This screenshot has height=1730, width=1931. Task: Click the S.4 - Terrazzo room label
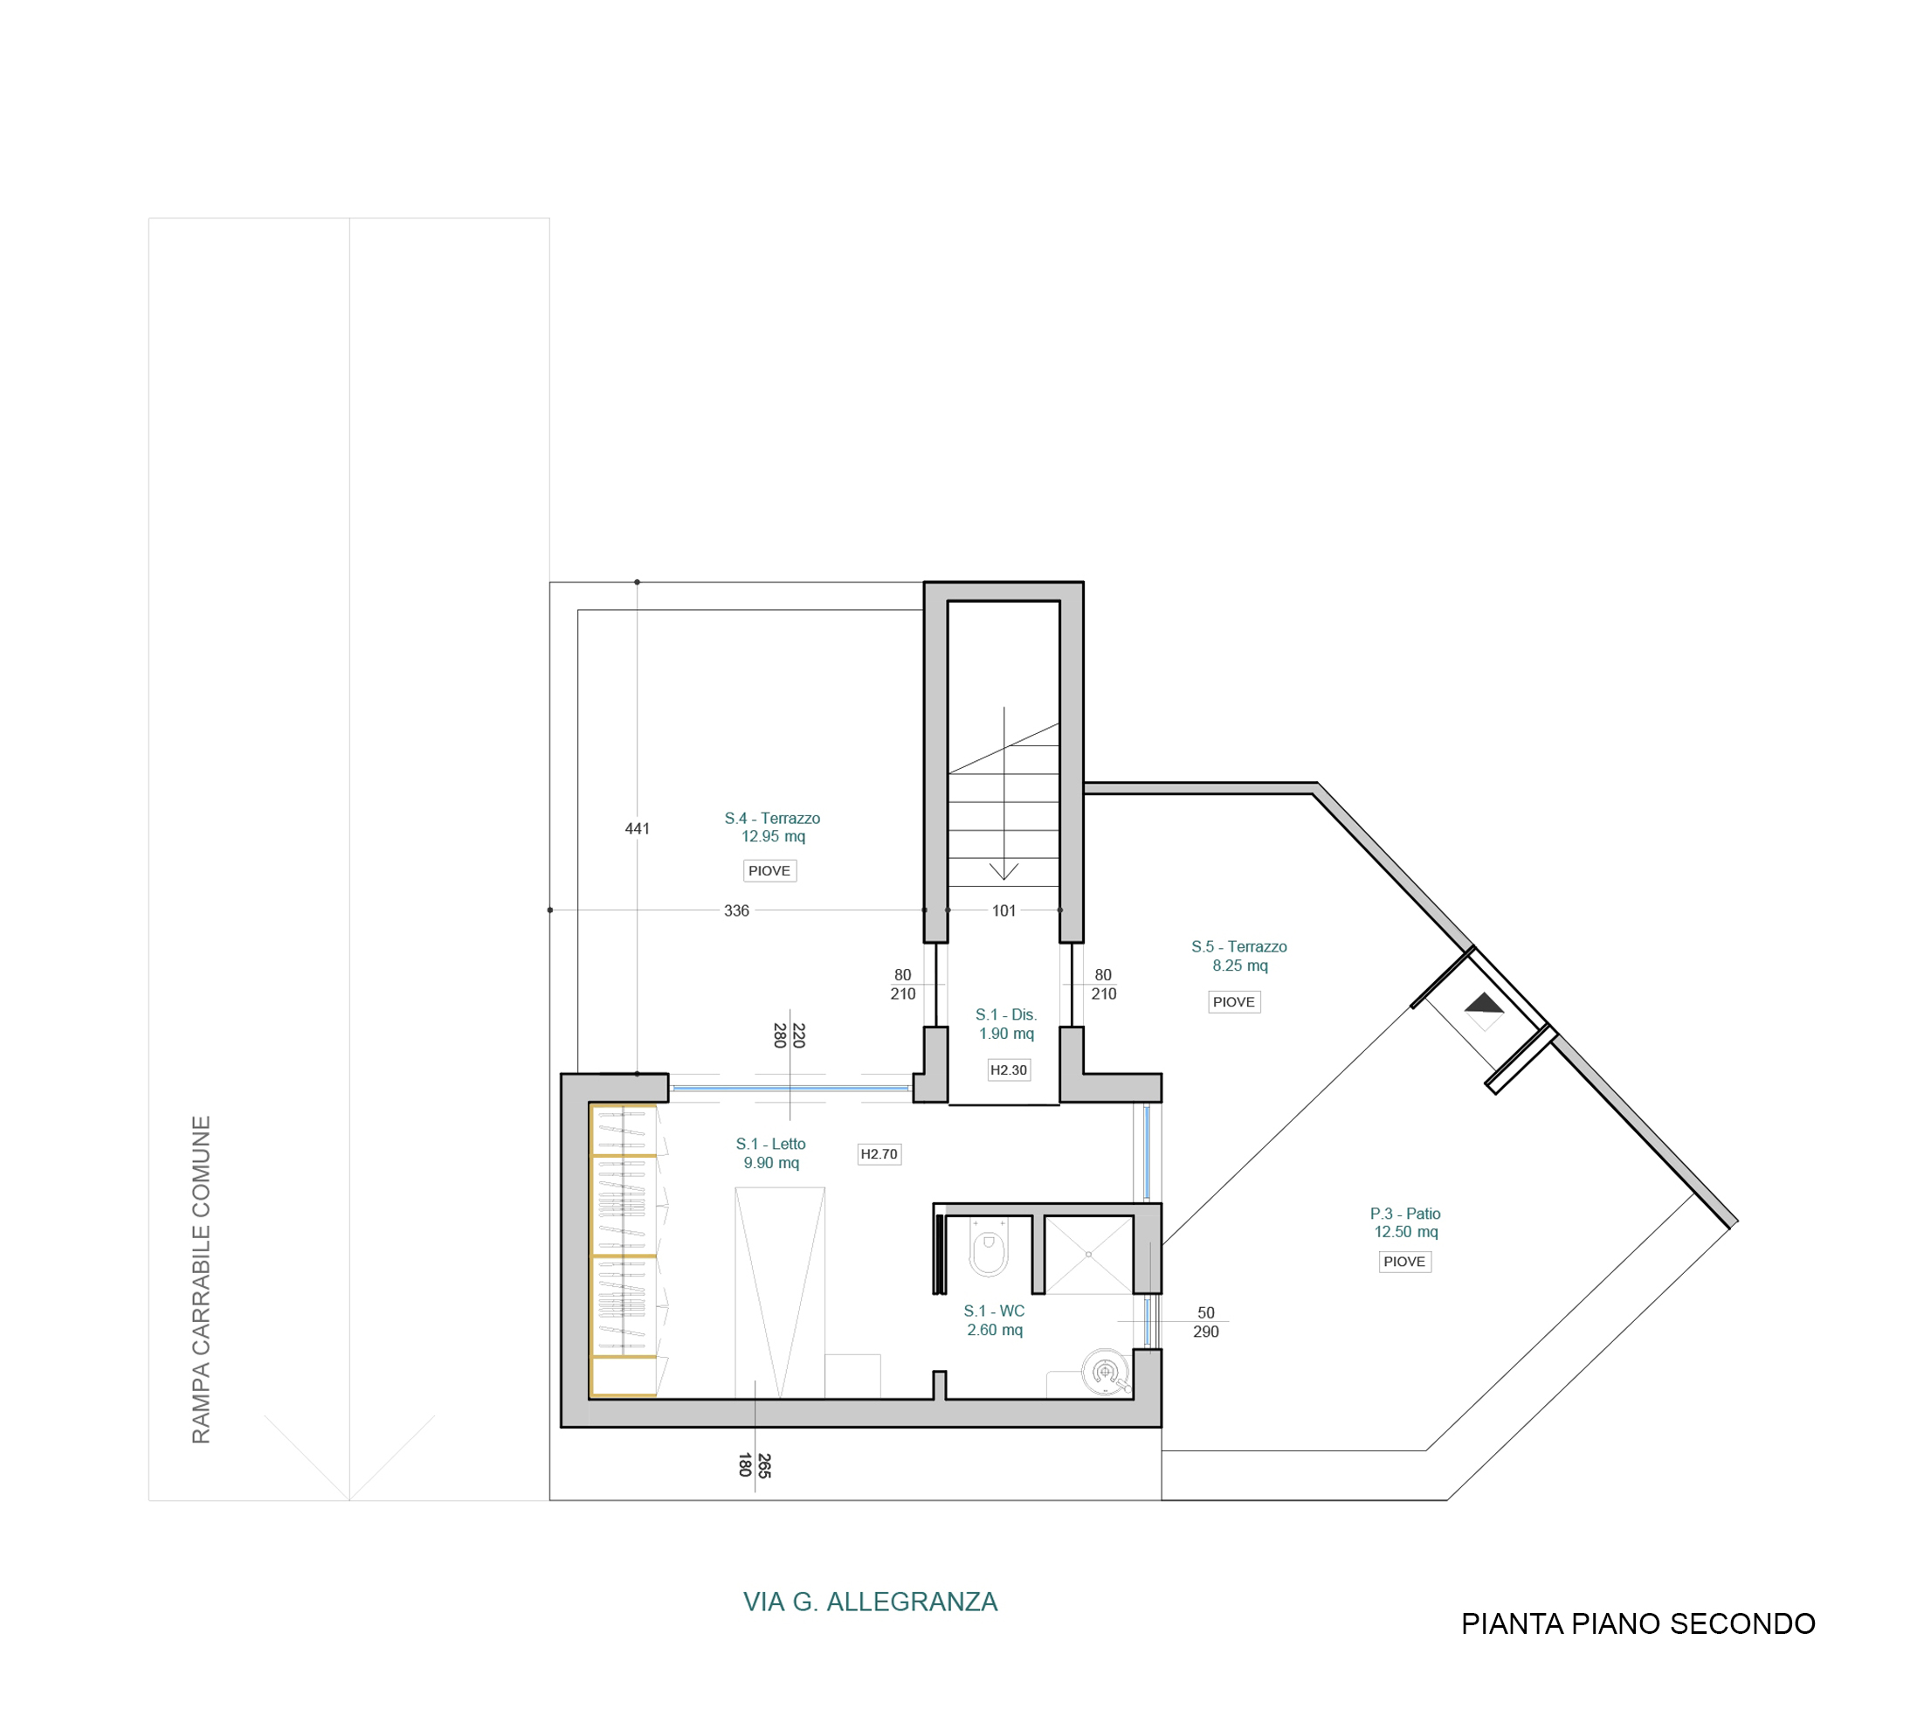click(x=772, y=827)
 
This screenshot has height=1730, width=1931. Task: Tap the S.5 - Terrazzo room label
click(x=1239, y=955)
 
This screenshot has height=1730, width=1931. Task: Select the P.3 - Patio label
click(x=1405, y=1222)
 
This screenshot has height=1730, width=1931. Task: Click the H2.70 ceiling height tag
click(x=879, y=1154)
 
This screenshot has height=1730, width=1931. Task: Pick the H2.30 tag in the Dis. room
click(x=1008, y=1069)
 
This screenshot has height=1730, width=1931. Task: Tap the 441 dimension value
click(x=637, y=829)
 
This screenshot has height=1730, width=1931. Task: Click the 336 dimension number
click(x=736, y=910)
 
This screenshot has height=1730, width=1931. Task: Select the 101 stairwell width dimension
click(x=1003, y=910)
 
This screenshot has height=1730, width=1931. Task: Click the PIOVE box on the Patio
click(x=1404, y=1262)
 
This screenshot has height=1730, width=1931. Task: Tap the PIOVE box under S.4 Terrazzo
click(x=769, y=871)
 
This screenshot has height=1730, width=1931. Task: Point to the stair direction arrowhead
click(x=1003, y=872)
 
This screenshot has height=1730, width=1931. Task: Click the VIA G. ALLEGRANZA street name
click(x=871, y=1602)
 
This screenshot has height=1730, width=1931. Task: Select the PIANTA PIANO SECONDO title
click(x=1638, y=1623)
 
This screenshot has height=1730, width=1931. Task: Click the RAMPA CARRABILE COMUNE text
click(x=201, y=1280)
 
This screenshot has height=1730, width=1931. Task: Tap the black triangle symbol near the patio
click(x=1485, y=1005)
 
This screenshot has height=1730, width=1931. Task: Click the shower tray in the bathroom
click(x=1088, y=1255)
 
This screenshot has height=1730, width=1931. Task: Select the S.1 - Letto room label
click(x=770, y=1153)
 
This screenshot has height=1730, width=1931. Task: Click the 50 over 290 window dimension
click(x=1206, y=1322)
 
